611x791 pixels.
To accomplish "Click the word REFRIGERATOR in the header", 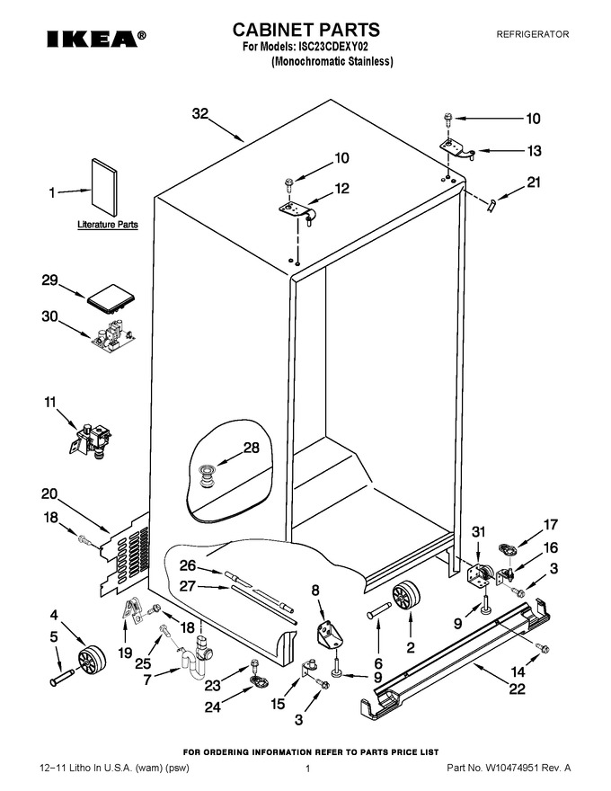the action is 532,34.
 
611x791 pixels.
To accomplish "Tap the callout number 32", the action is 200,114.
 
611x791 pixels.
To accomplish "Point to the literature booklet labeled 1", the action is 104,188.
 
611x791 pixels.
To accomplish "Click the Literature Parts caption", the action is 108,225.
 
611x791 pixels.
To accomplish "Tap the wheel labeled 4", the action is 92,660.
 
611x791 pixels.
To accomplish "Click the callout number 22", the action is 517,689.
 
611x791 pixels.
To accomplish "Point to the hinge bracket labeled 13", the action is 456,149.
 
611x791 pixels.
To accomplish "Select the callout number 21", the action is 534,182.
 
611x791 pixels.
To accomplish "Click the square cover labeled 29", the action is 112,298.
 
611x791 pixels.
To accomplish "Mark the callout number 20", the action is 49,493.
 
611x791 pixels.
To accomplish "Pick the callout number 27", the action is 188,586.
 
